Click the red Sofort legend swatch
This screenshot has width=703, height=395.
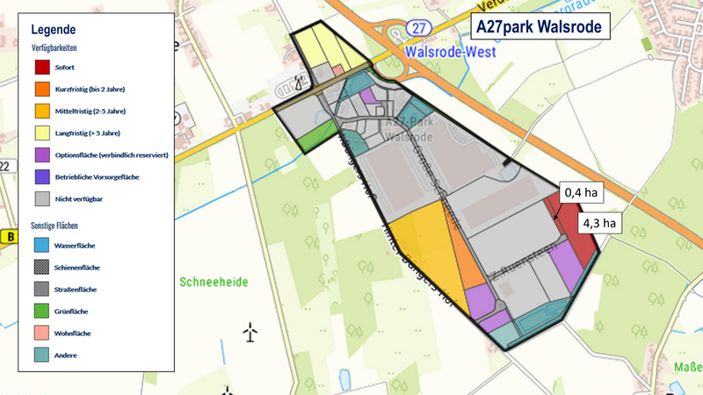pos(42,66)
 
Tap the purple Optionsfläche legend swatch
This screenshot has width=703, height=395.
pos(42,154)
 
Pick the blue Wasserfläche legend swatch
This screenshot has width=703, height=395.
pos(42,245)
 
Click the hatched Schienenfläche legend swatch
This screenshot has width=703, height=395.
pos(42,267)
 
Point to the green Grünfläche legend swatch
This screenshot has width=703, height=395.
pos(42,311)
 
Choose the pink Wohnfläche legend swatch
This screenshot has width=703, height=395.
pos(42,333)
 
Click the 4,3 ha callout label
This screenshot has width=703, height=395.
pos(599,223)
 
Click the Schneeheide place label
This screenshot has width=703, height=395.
pos(214,282)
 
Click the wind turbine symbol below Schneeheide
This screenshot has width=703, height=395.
pos(251,332)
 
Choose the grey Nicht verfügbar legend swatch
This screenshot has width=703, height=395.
pos(42,198)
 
